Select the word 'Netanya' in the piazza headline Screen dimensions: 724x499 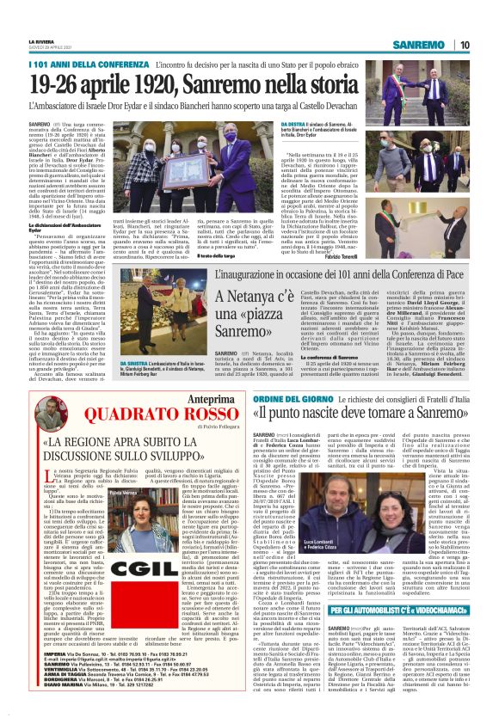tap(260, 297)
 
